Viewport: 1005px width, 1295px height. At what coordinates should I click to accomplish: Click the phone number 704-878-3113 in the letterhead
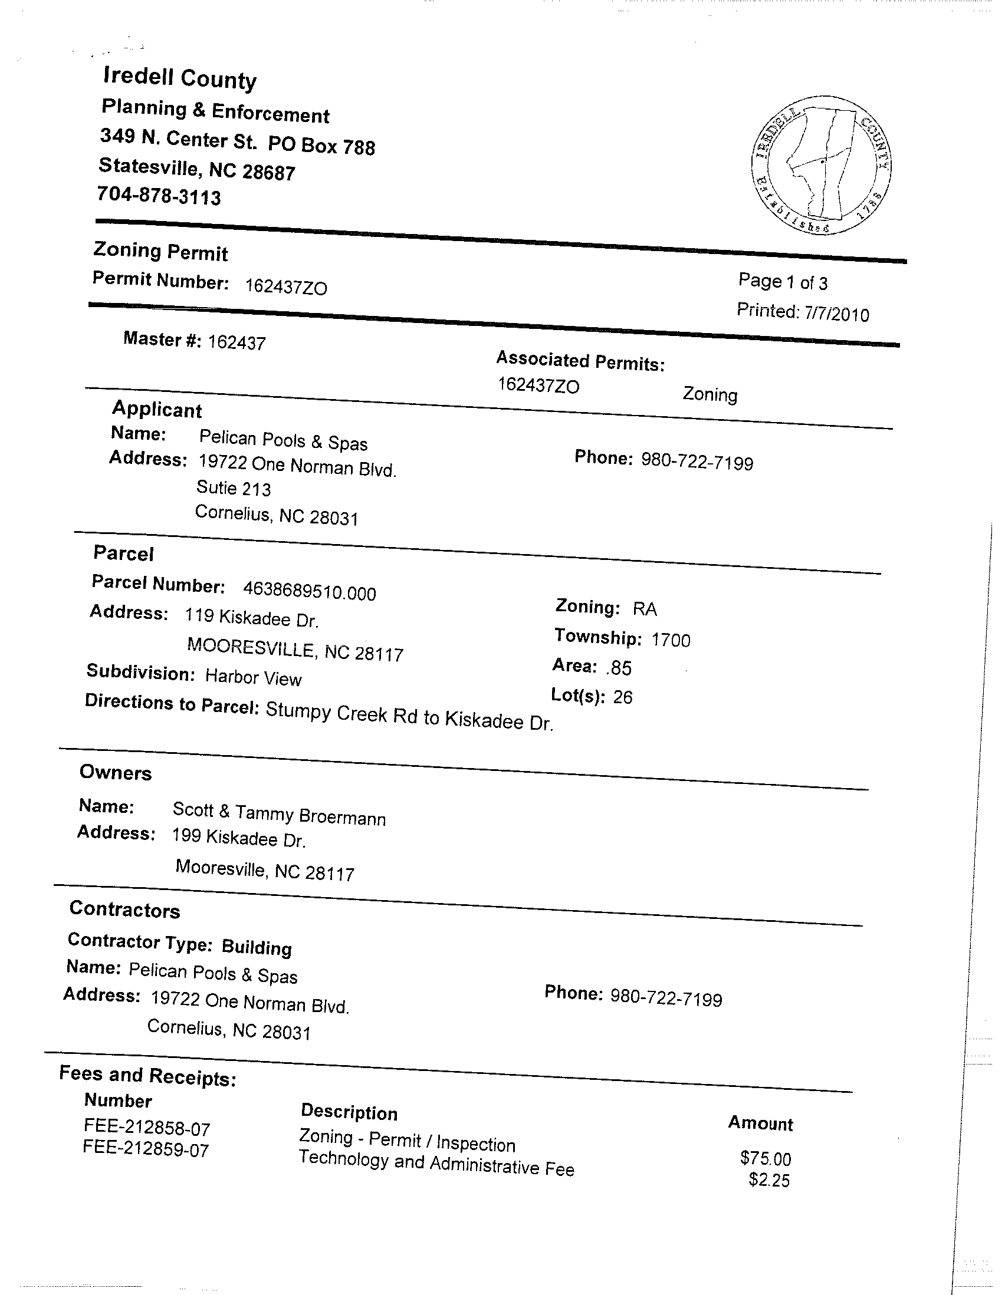pos(159,196)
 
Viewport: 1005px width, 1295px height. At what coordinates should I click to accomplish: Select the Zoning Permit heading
pos(160,252)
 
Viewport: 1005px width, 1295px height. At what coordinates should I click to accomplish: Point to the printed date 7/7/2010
pos(836,314)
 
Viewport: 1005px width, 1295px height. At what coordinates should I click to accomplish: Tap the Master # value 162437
pos(237,342)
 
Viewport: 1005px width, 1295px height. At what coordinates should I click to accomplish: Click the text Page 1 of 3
pos(783,282)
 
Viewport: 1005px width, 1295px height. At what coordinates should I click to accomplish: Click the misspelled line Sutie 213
pos(233,489)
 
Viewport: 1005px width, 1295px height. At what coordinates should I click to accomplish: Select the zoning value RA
pos(645,609)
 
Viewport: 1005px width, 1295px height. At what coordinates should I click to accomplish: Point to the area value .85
pos(619,668)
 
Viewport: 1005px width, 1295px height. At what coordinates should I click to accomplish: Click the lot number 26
pos(623,697)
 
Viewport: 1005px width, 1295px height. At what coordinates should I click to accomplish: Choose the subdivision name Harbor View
pos(254,677)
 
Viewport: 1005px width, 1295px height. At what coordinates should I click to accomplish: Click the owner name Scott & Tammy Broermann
pos(279,814)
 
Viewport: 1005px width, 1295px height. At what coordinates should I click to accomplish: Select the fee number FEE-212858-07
pos(147,1127)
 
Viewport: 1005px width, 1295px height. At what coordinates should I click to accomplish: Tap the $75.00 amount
pos(766,1158)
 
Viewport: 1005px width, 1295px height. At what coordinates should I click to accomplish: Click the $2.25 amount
pos(770,1180)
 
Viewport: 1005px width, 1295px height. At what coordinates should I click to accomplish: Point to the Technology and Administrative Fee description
pos(436,1164)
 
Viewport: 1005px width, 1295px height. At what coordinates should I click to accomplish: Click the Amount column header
pos(761,1123)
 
